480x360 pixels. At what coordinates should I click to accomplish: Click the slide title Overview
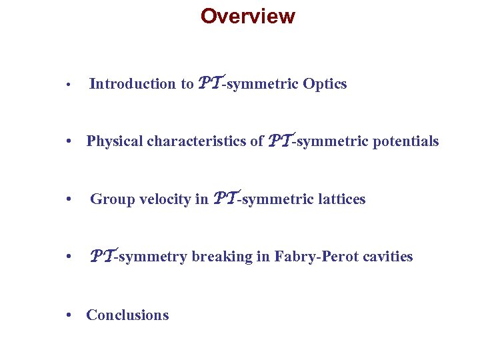click(247, 16)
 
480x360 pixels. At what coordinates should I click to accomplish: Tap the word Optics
click(325, 84)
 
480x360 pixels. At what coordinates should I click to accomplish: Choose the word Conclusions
click(127, 315)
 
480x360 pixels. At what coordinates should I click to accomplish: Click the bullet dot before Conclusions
click(69, 315)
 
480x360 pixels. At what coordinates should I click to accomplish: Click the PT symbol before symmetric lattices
click(225, 198)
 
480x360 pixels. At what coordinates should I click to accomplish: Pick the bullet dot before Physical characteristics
click(69, 142)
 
